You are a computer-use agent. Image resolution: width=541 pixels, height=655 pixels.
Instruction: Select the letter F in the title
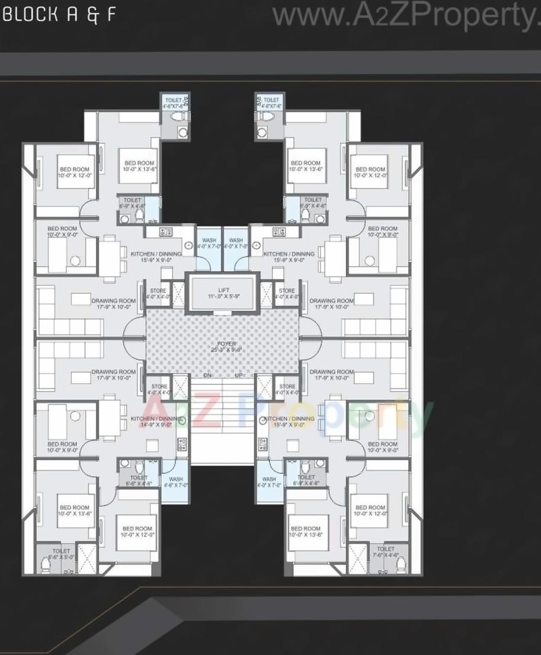point(111,15)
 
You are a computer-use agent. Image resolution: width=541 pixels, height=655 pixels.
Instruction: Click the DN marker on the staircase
point(207,375)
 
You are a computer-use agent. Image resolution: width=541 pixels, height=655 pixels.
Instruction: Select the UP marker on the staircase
point(239,375)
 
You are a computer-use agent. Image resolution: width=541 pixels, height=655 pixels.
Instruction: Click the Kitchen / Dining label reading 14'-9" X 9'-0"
point(155,422)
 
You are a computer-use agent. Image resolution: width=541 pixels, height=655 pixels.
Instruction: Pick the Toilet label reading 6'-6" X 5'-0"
point(61,554)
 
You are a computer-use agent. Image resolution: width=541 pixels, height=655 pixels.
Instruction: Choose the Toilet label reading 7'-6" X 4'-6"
point(385,552)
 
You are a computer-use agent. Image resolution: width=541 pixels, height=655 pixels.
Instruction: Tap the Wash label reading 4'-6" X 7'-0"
point(176,482)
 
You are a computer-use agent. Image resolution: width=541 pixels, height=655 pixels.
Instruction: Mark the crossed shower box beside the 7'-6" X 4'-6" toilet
point(358,557)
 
